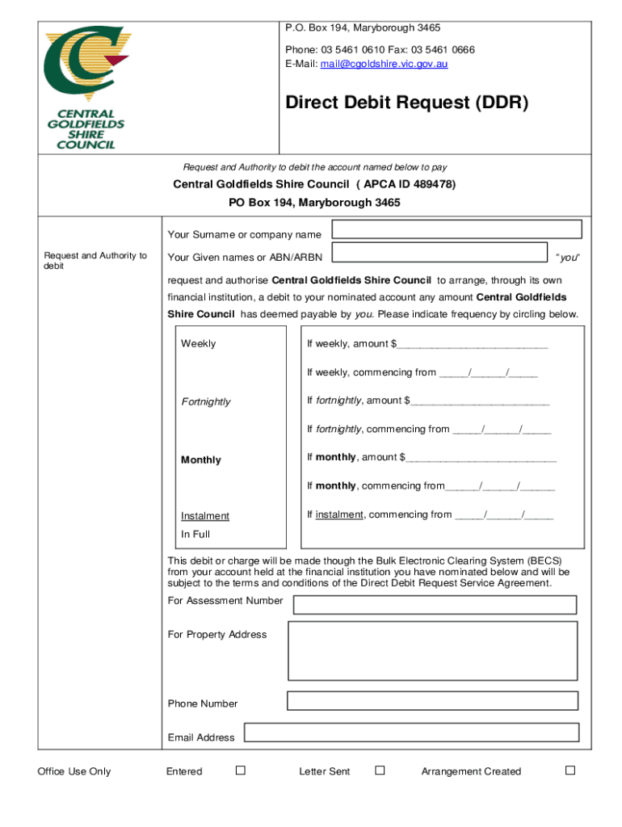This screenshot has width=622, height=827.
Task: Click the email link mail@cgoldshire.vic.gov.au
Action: point(384,64)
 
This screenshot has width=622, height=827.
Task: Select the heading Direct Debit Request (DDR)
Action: point(406,103)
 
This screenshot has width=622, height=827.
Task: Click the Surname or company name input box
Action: point(458,229)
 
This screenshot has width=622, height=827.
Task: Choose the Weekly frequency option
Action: point(199,344)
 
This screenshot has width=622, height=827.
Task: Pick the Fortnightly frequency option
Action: point(206,402)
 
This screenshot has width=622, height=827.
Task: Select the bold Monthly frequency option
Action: point(201,460)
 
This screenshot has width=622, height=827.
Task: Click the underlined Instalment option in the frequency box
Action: point(205,516)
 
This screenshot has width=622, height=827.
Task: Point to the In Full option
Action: point(195,535)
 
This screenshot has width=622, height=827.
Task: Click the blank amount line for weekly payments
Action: point(473,346)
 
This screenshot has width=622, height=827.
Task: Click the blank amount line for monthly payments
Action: point(481,459)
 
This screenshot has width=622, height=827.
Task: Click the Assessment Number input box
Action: point(435,605)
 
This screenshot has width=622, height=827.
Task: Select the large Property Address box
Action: point(432,651)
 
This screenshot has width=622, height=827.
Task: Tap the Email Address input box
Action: point(411,733)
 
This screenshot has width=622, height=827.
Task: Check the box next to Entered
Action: point(241,770)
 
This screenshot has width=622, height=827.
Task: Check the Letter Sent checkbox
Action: point(380,770)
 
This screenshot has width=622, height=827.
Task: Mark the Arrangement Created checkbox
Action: point(569,770)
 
